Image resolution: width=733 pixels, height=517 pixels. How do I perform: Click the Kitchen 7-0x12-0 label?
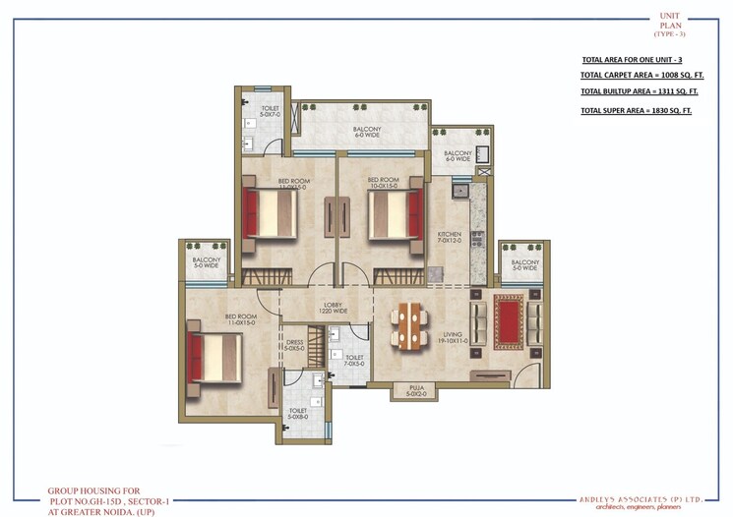pos(449,238)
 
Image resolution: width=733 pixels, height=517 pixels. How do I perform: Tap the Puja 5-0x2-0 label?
pos(407,393)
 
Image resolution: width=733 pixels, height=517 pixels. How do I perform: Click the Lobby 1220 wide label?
pos(334,309)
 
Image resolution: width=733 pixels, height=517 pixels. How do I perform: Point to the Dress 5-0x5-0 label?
pos(294,345)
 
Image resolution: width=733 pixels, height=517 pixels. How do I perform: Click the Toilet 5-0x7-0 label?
pos(270,111)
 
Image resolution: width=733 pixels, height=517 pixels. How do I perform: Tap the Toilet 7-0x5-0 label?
pos(354,362)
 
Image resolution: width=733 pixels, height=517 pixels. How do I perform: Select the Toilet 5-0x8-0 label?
pos(297,414)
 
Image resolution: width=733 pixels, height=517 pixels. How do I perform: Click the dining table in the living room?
pos(408,325)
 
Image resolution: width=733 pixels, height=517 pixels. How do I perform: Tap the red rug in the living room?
pos(508,315)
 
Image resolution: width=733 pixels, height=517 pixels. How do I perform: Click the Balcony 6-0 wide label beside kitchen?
pos(458,156)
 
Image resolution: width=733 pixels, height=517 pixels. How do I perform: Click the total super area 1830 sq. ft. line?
pos(636,110)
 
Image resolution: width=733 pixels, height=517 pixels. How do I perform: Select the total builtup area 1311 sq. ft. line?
pos(639,91)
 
